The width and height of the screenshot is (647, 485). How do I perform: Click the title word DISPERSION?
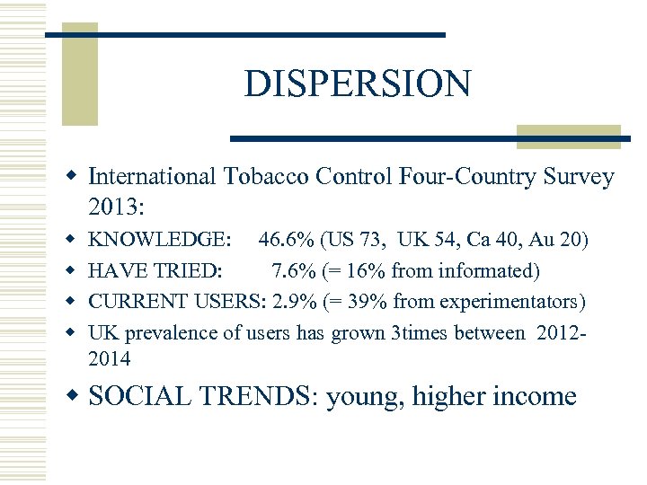pos(357,84)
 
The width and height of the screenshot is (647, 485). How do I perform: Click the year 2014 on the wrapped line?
pos(109,359)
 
